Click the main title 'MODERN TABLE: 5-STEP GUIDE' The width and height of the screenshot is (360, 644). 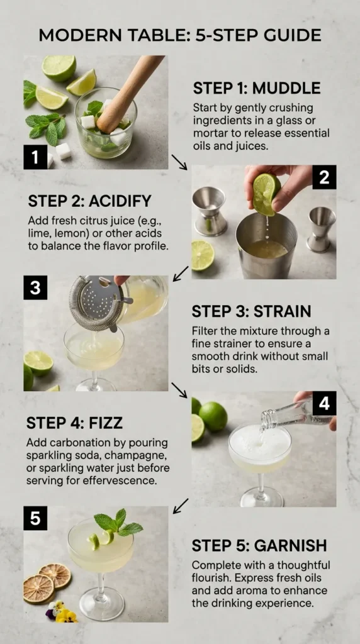point(180,35)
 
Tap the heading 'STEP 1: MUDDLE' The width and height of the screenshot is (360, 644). point(256,88)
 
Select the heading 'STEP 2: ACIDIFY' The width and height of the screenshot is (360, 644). point(89,201)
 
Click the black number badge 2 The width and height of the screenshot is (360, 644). point(323,178)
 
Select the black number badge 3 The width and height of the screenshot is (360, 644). point(36,288)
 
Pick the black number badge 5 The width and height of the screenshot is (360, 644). point(36,518)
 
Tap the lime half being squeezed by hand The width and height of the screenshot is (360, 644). point(266,193)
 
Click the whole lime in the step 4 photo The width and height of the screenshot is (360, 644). point(214,416)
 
